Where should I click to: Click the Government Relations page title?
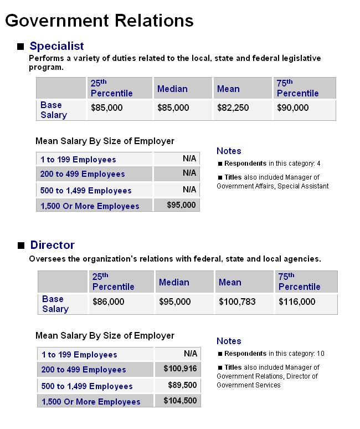coord(99,21)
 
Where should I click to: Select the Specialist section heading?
coord(56,46)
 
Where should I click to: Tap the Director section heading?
coord(52,245)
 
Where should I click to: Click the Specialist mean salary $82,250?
coord(233,108)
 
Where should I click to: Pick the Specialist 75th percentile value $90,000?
coord(293,108)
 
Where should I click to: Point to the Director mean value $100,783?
coord(237,302)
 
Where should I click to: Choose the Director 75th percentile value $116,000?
coord(297,302)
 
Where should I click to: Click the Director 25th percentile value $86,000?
coord(108,302)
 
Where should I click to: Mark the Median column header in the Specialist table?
coord(172,89)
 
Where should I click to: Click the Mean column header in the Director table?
coord(230,282)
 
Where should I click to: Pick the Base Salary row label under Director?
coord(55,304)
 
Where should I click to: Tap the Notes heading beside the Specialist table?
coord(229,151)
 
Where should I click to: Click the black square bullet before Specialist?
coord(20,47)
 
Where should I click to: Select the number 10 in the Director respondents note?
coord(321,354)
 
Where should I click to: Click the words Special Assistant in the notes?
coord(303,186)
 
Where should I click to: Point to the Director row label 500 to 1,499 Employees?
coord(87,386)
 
